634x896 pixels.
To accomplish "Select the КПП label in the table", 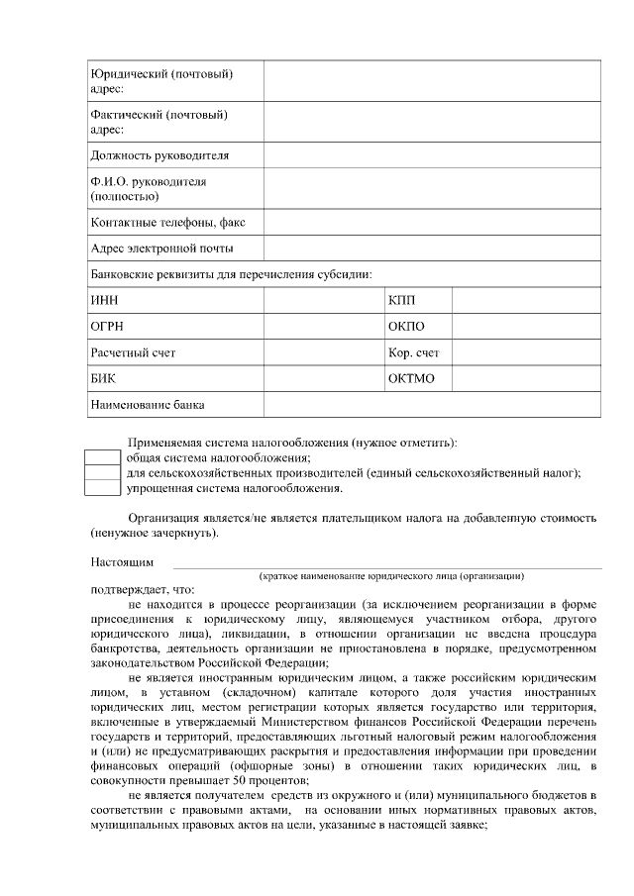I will point(401,299).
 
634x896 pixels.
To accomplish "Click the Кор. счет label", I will point(414,352).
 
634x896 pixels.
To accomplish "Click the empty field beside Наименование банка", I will point(432,405).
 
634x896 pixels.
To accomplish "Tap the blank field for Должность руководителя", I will point(432,155).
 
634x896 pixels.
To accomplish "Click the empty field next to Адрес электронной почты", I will point(432,249).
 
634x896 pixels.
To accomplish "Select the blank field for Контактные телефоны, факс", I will point(432,223).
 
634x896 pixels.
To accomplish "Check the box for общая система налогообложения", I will point(102,457).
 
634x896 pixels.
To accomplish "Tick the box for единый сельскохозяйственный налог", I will point(102,472).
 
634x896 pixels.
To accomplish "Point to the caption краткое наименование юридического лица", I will point(391,575).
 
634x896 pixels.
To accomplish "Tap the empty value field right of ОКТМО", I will point(526,378).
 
